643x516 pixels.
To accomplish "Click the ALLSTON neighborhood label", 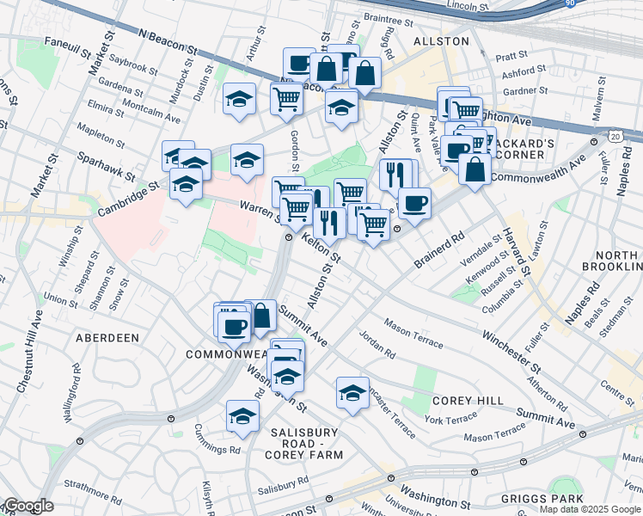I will (x=441, y=41).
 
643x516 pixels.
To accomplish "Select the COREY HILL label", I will (x=460, y=401).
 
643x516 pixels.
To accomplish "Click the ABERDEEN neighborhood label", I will (x=107, y=338).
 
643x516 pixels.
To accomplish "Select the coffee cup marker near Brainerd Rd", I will (x=414, y=204).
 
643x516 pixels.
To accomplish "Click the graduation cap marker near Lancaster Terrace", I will (x=352, y=393).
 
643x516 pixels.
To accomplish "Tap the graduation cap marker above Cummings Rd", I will (x=243, y=416).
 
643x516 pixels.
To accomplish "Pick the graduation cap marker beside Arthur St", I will (x=239, y=99).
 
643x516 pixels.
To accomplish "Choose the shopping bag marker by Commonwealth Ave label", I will (x=475, y=169).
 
